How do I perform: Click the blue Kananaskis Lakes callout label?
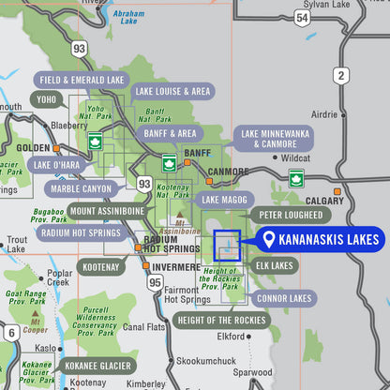[319, 240]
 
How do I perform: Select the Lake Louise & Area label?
[172, 92]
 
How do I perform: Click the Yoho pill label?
[46, 98]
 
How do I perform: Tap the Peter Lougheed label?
[285, 215]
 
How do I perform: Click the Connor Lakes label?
[284, 297]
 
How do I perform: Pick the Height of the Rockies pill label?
[221, 321]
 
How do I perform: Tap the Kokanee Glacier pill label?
[97, 366]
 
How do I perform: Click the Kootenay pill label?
[101, 267]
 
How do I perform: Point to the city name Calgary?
[324, 201]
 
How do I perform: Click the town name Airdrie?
[324, 113]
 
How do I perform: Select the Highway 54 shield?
[301, 18]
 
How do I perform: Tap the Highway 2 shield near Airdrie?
[340, 75]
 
